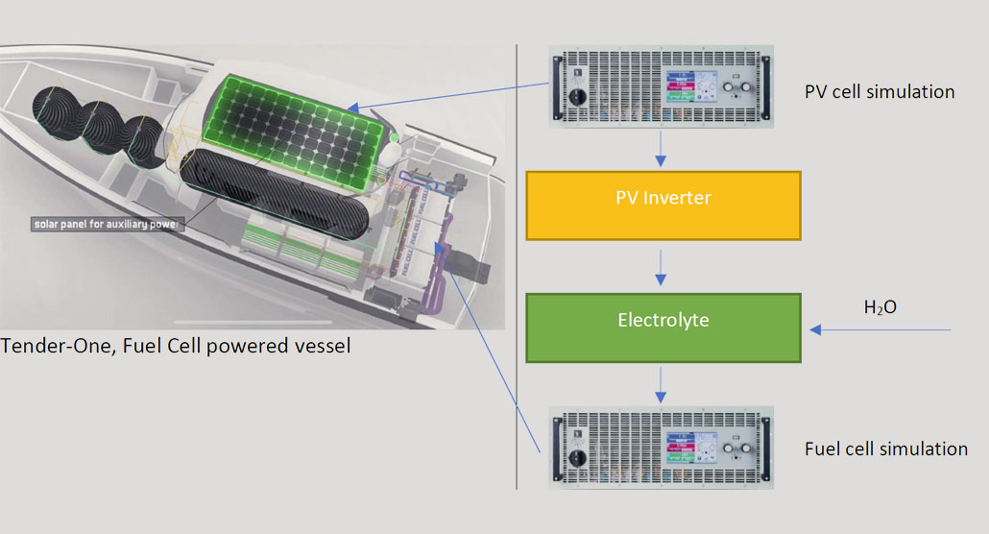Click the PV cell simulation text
pyautogui.click(x=880, y=92)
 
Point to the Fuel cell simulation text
pyautogui.click(x=886, y=449)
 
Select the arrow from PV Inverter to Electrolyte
pyautogui.click(x=661, y=266)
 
